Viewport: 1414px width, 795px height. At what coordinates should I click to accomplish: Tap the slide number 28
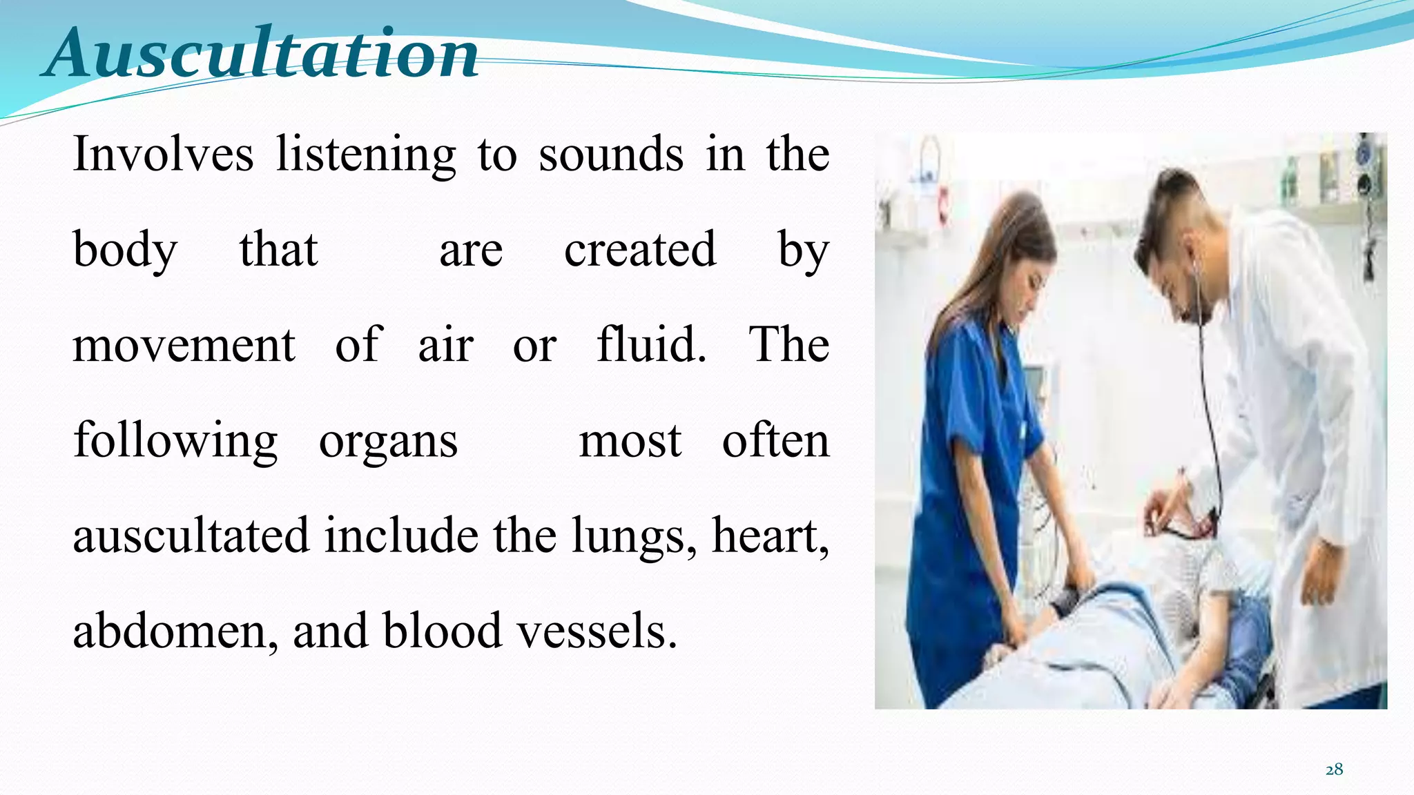point(1334,769)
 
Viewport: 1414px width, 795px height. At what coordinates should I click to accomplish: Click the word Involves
point(163,154)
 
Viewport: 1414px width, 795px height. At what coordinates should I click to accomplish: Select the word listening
point(366,155)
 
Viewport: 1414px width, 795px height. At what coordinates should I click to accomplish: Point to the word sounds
point(611,154)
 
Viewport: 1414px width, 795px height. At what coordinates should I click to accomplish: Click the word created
point(640,249)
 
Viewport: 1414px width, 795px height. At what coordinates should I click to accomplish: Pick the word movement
point(184,344)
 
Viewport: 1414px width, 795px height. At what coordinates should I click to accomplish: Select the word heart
point(770,536)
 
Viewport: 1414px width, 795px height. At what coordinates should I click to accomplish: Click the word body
point(125,251)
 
